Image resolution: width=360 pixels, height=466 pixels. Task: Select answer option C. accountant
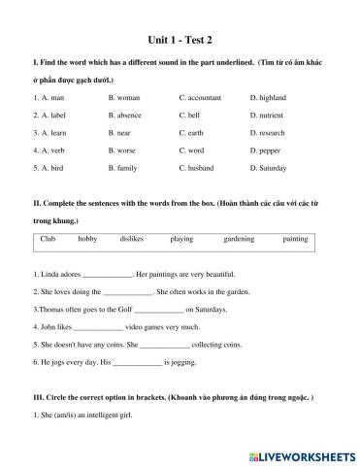pyautogui.click(x=202, y=98)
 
